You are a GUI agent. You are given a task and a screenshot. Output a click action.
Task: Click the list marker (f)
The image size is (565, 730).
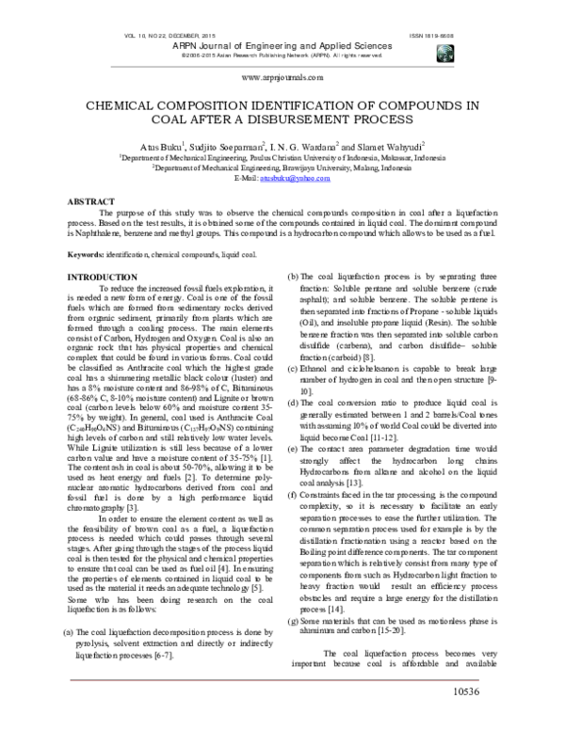(293, 495)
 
